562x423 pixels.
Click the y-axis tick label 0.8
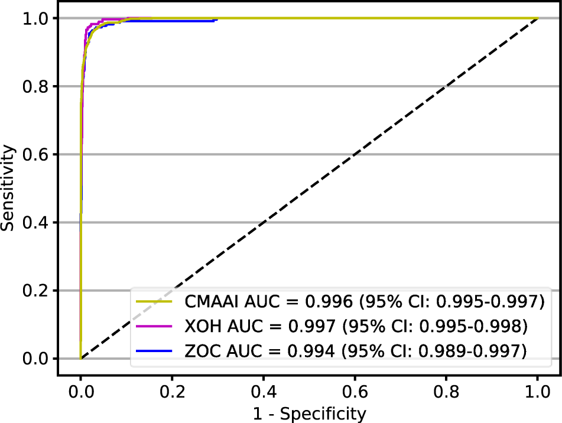pyautogui.click(x=36, y=87)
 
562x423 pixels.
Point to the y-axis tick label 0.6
pyautogui.click(x=36, y=155)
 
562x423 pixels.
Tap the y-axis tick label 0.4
pyautogui.click(x=36, y=223)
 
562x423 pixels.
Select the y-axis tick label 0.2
pyautogui.click(x=36, y=291)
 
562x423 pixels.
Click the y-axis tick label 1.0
pyautogui.click(x=36, y=19)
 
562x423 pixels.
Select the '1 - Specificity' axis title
pyautogui.click(x=309, y=412)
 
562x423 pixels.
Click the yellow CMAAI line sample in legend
pyautogui.click(x=154, y=302)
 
